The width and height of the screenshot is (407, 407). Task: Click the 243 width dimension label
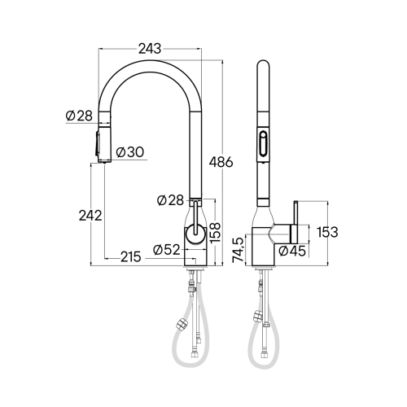(150, 49)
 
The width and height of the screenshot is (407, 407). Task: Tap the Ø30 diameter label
(130, 151)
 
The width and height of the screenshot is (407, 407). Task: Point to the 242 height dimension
(90, 216)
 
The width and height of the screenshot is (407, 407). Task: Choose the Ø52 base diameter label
(167, 249)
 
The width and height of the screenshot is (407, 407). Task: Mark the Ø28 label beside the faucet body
(173, 199)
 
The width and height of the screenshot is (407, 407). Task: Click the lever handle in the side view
(295, 220)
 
